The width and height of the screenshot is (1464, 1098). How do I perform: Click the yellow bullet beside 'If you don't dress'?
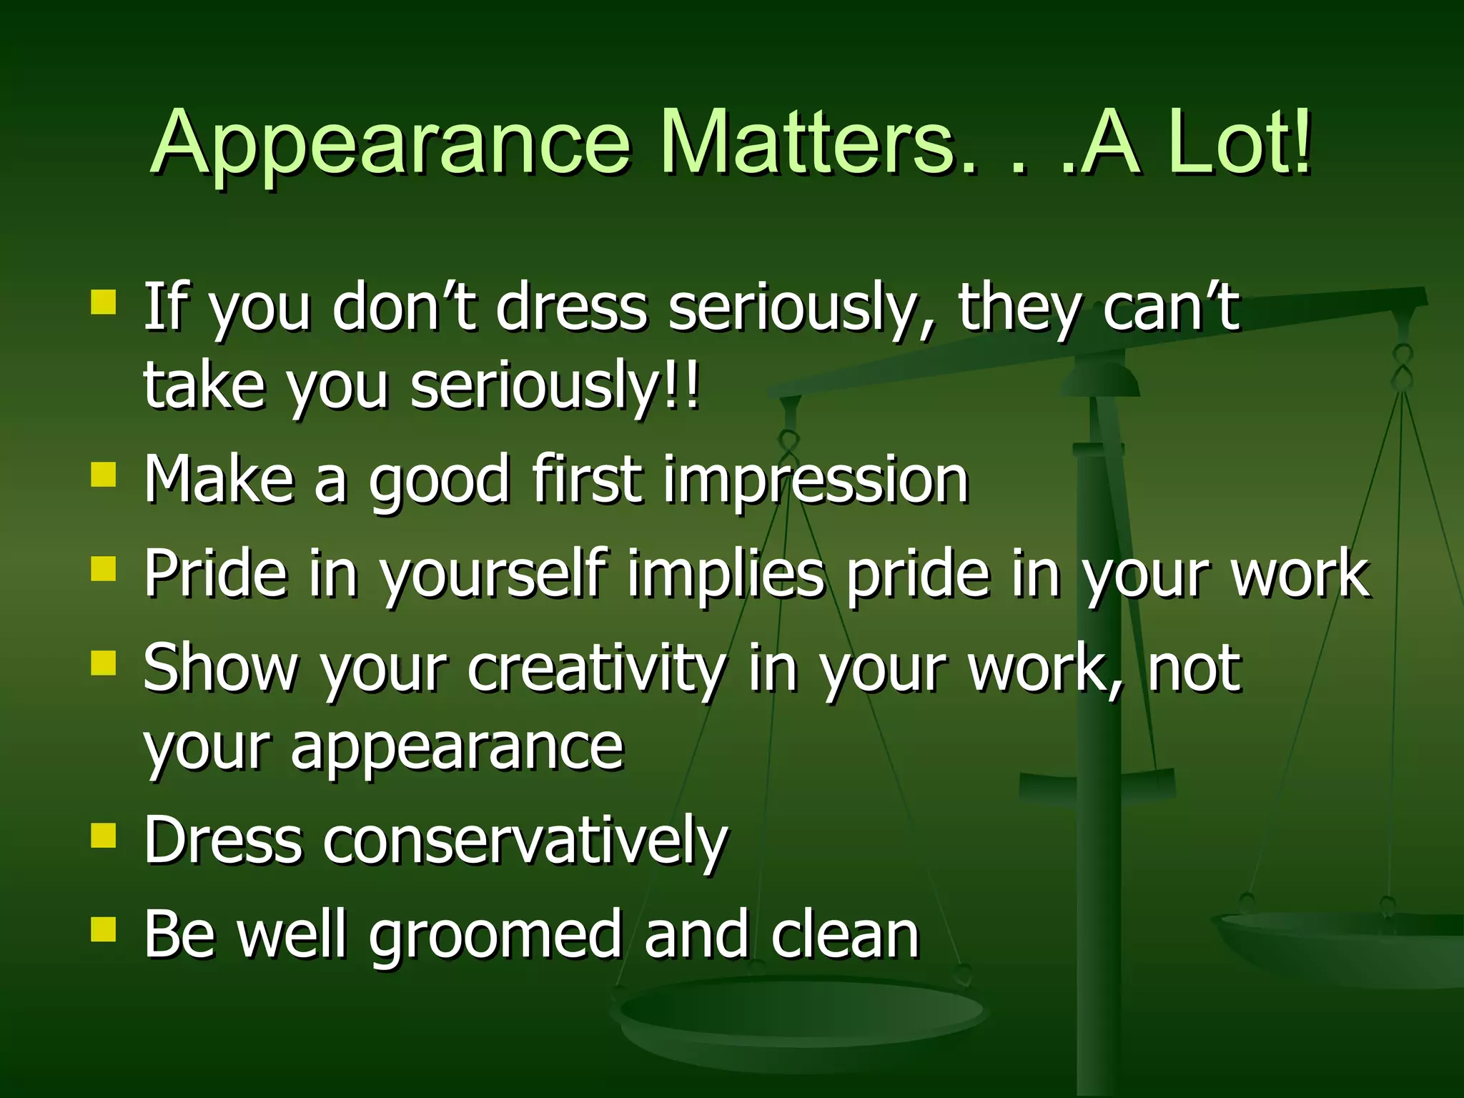click(104, 302)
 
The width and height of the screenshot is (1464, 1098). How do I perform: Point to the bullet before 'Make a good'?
click(104, 474)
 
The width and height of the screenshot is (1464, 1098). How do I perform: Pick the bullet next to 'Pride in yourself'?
click(104, 570)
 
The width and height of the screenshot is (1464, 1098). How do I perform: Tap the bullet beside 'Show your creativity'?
click(104, 663)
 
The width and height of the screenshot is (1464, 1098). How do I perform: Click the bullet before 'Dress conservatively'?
click(104, 835)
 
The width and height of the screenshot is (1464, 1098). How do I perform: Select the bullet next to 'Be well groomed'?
click(104, 929)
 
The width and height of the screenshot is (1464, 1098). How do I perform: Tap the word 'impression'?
click(815, 480)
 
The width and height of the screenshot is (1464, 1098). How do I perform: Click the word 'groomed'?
click(494, 936)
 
